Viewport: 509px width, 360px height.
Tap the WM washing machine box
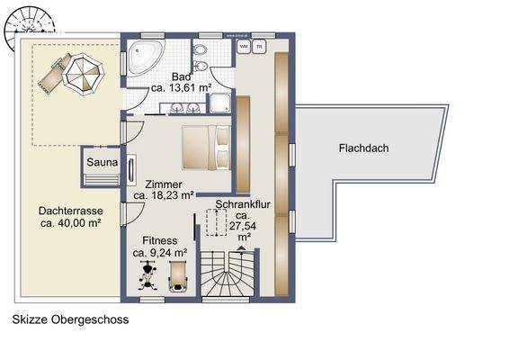tap(244, 45)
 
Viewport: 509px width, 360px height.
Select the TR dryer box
tap(259, 45)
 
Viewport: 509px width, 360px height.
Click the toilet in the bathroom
tap(206, 71)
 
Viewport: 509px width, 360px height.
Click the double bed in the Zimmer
tap(205, 147)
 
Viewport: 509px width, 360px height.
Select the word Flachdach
tap(363, 148)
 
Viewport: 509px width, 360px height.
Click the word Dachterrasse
tap(68, 211)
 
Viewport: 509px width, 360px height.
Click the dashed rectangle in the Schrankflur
tap(217, 222)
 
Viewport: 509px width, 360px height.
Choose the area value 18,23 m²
tap(164, 194)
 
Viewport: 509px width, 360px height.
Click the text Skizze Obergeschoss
tap(70, 319)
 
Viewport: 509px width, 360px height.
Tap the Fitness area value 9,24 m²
tap(160, 253)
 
